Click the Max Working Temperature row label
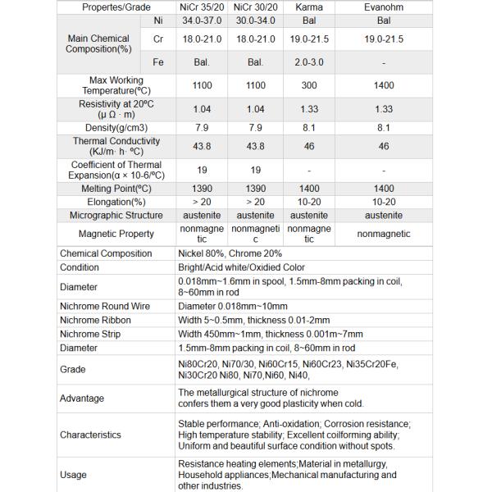coord(116,84)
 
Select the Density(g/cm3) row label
coord(116,127)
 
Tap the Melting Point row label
coord(116,188)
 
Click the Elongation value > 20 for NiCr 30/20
coord(255,202)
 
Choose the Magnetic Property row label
coord(116,234)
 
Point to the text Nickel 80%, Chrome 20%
coord(230,253)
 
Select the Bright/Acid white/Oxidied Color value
coord(241,267)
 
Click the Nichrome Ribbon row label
coord(95,320)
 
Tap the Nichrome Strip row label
coord(90,334)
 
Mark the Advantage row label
coord(82,398)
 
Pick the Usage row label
coord(74,475)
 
